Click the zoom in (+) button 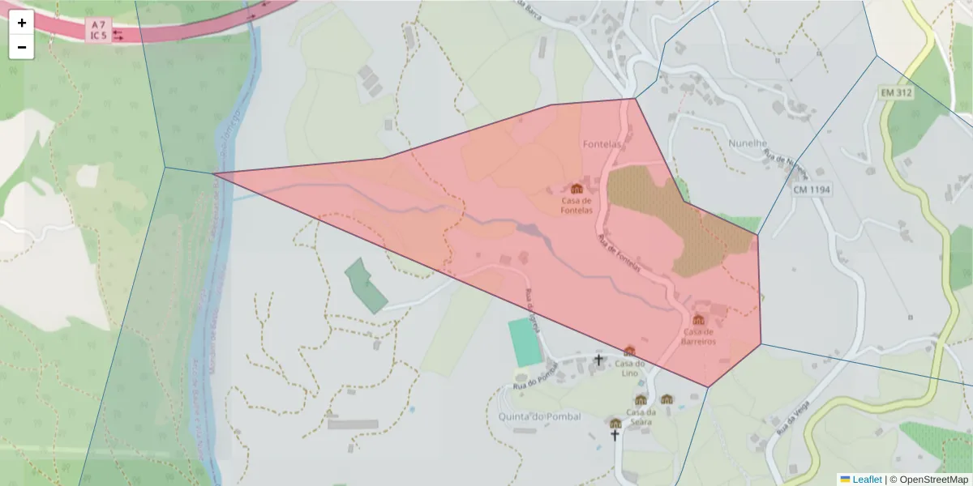click(22, 23)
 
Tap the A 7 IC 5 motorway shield click(98, 30)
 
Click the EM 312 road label click(896, 93)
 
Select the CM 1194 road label click(812, 190)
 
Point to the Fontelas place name click(602, 144)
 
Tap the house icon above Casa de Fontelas click(577, 189)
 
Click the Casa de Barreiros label click(699, 336)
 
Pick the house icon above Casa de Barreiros click(699, 319)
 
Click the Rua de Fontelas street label click(619, 254)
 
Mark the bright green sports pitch click(525, 342)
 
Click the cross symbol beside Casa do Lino click(599, 359)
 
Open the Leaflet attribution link click(867, 480)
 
